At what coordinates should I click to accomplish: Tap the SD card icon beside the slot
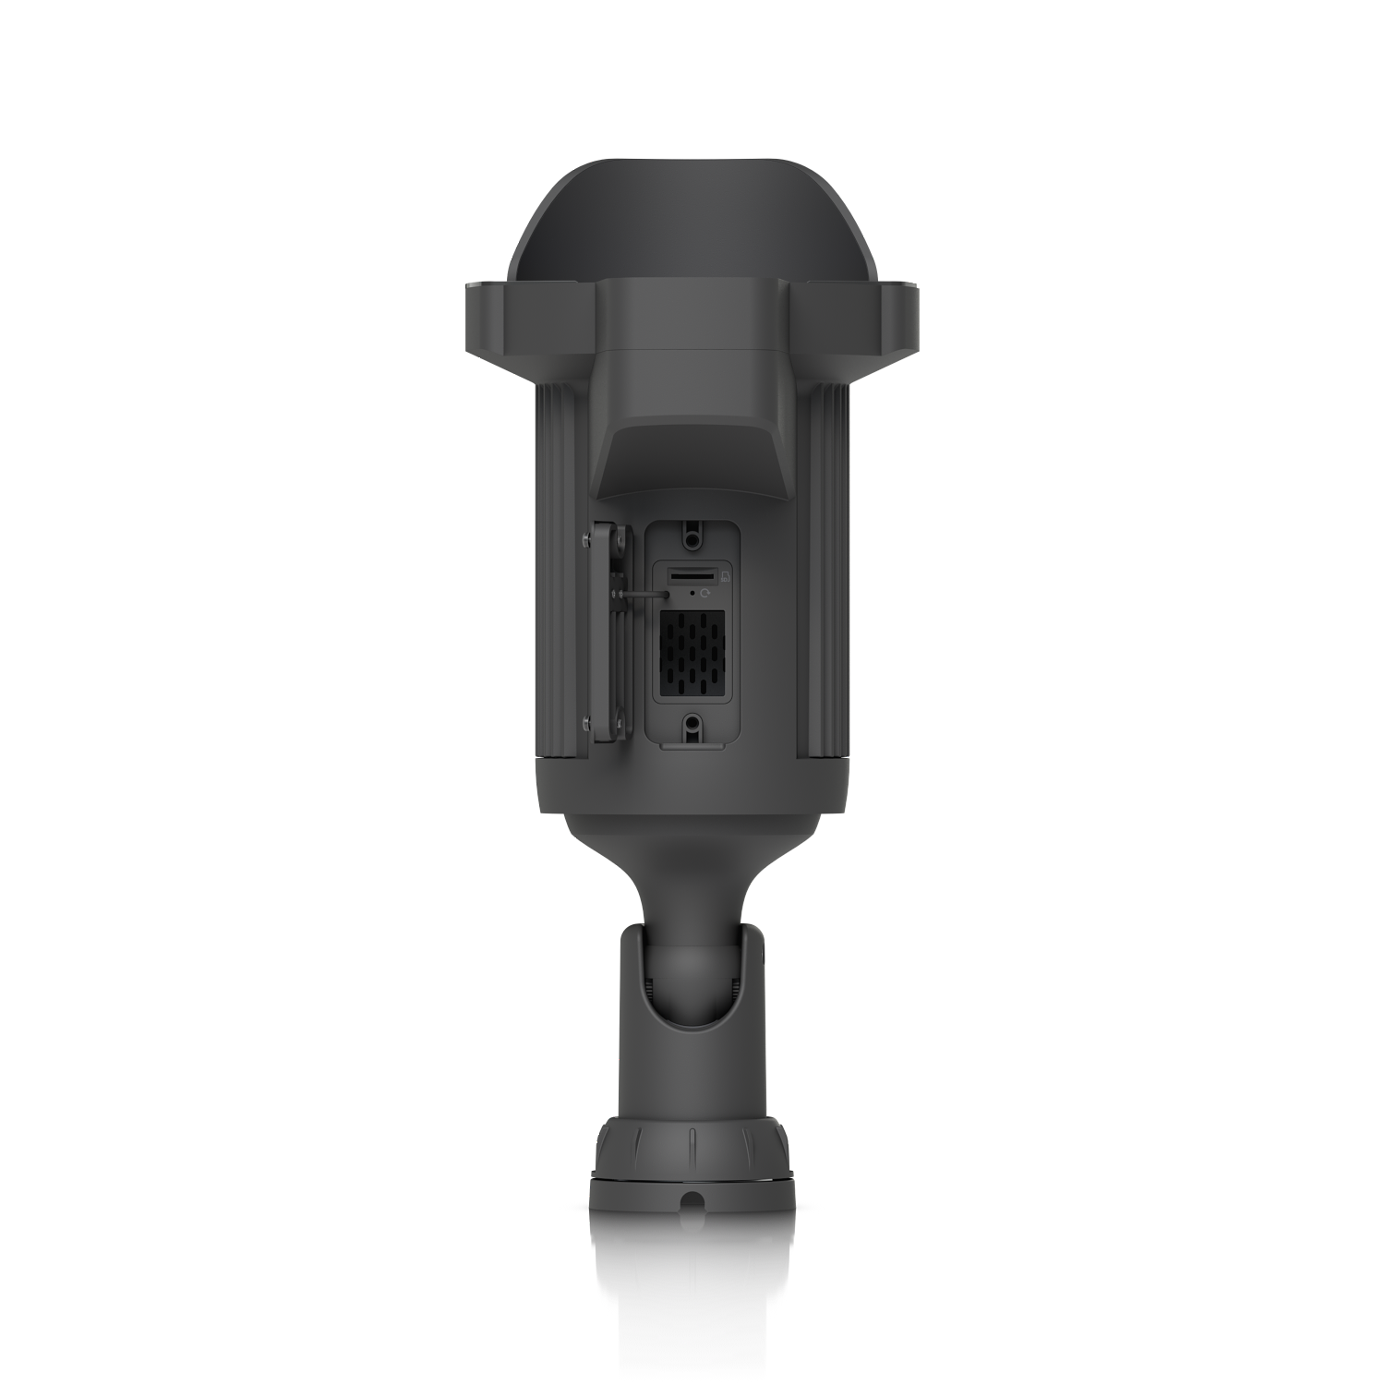726,577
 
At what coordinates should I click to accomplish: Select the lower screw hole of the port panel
692,723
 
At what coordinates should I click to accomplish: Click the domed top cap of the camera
692,222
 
